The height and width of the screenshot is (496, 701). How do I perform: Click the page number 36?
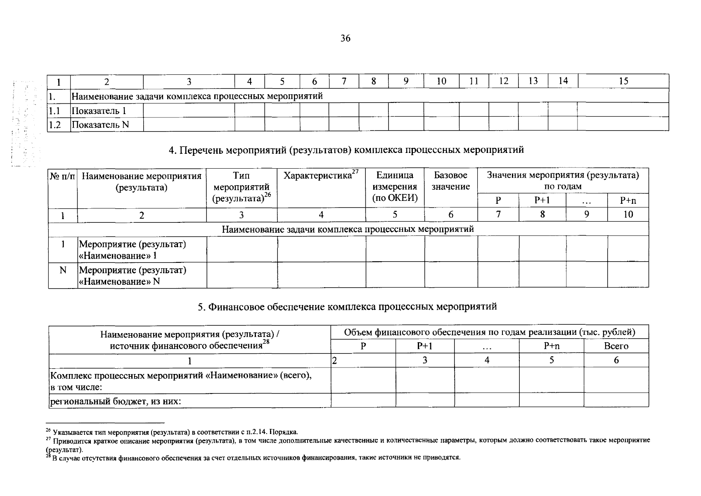tap(346, 38)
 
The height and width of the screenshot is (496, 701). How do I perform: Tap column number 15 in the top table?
tap(623, 81)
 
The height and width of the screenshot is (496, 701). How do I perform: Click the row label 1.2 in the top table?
tap(55, 125)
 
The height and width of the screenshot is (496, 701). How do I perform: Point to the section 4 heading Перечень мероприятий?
tap(346, 150)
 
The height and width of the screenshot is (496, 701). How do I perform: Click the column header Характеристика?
tap(321, 176)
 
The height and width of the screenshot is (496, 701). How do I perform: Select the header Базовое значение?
tap(451, 181)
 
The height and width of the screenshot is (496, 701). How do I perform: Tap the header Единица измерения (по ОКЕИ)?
tap(395, 186)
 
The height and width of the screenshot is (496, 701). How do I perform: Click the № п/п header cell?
tap(63, 176)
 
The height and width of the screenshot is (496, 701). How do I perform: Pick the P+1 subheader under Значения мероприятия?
tap(542, 200)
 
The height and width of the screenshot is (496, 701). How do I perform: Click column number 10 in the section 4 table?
tap(628, 214)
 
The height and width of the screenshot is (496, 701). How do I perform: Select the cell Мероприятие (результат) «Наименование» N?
tap(132, 275)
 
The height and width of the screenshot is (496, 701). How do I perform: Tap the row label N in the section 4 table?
tap(63, 270)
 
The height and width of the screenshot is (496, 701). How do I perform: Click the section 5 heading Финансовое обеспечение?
tap(347, 307)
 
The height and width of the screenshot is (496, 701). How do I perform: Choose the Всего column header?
tap(616, 346)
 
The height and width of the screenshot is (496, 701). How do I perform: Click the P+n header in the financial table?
tap(551, 346)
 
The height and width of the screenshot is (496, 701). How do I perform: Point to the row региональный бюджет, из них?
tap(116, 401)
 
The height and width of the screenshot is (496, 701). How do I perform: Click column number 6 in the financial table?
tap(616, 360)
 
